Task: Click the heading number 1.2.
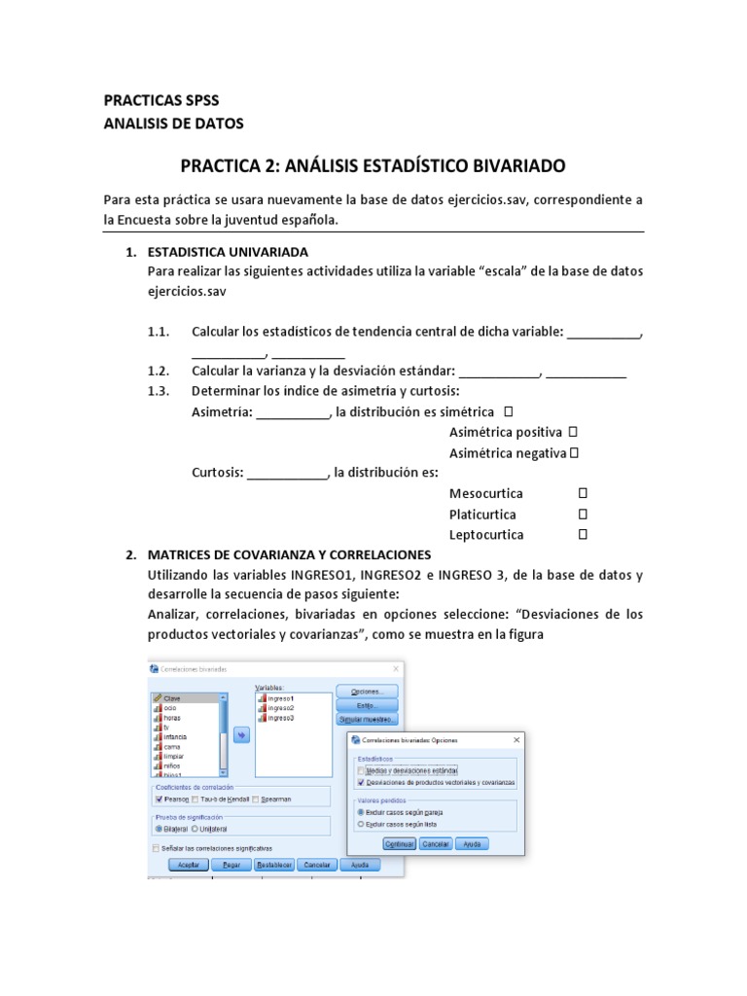(159, 372)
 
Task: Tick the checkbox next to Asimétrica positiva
(573, 431)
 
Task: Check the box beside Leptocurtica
(583, 534)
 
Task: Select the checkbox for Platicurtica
(583, 514)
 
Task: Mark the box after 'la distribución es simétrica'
(510, 411)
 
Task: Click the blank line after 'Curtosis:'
(288, 474)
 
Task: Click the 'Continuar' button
(400, 844)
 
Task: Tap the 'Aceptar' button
(189, 864)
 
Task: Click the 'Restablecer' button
(274, 864)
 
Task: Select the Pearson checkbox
(159, 799)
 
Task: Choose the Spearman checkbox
(256, 799)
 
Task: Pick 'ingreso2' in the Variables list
(279, 708)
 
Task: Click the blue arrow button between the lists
(240, 735)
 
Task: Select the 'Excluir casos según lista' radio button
(362, 823)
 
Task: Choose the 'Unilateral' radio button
(195, 829)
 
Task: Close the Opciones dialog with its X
(516, 740)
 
